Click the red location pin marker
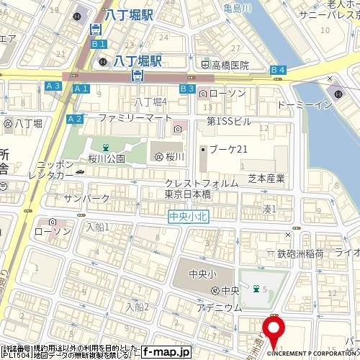pos(274,328)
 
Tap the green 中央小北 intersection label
pos(189,216)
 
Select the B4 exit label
pos(278,69)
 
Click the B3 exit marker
pos(187,88)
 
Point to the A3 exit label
pos(53,86)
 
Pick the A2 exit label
pos(74,119)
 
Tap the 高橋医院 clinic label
pos(230,65)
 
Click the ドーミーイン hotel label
pos(305,105)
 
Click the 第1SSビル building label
pos(229,121)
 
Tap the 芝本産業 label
pos(266,178)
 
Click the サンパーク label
pos(86,198)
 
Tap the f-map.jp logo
pos(166,352)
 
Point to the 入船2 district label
pos(137,307)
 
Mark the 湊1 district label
pos(269,209)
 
